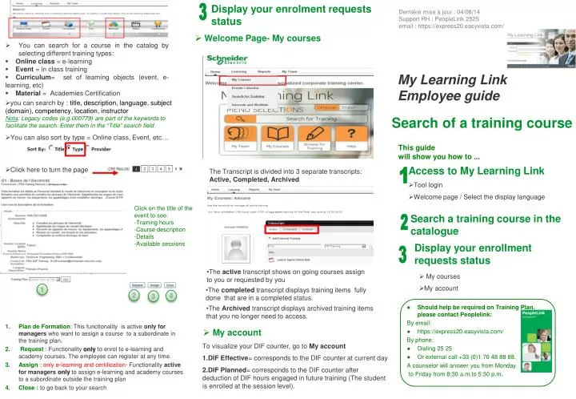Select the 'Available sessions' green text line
[x=160, y=244]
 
